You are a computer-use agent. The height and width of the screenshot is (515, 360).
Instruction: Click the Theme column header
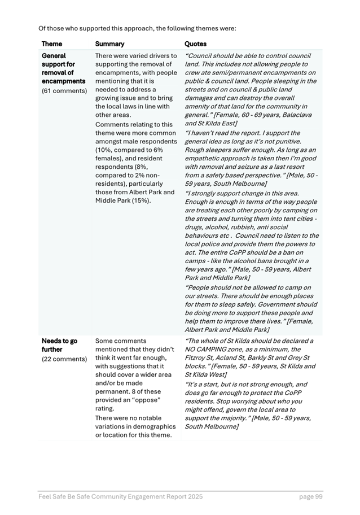click(52, 43)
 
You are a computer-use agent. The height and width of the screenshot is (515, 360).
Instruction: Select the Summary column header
click(109, 43)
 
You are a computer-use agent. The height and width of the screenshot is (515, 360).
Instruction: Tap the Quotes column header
click(196, 43)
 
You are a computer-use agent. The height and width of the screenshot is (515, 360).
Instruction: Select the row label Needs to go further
click(59, 346)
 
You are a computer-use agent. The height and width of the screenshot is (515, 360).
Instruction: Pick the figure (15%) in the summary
click(141, 200)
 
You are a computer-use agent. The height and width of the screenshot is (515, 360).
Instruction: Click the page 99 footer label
click(310, 496)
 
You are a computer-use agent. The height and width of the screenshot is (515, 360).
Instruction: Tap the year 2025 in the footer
click(192, 496)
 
